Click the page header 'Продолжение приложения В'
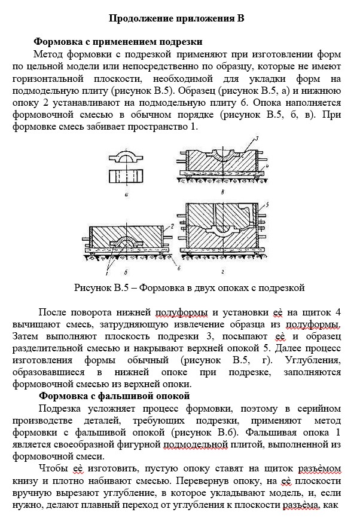[176, 18]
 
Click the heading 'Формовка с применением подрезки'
[118, 42]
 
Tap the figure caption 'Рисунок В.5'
[190, 287]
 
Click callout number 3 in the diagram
[255, 139]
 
